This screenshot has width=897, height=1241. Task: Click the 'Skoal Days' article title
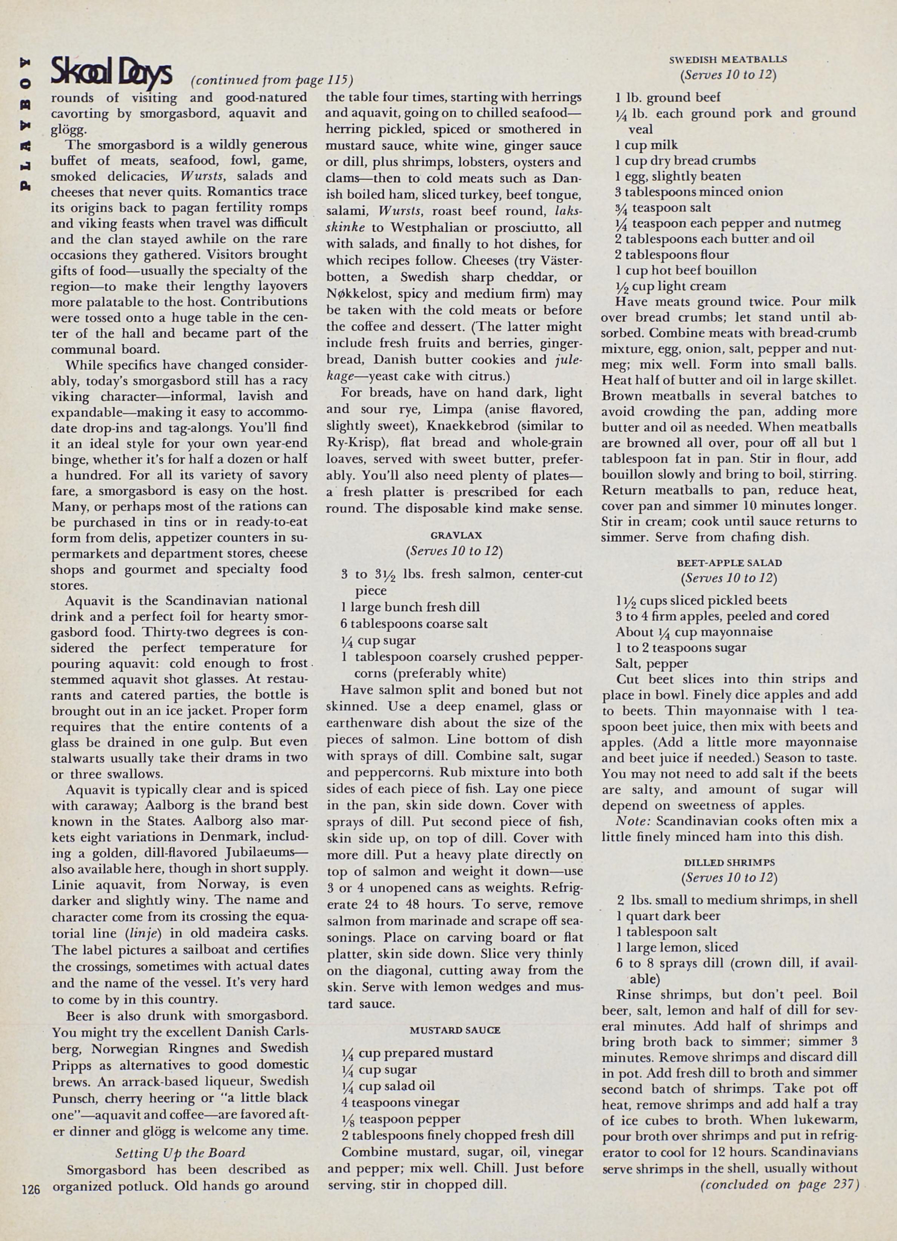click(x=112, y=72)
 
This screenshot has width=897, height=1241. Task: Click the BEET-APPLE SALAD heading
click(x=729, y=562)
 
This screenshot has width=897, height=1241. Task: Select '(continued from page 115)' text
click(x=271, y=80)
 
